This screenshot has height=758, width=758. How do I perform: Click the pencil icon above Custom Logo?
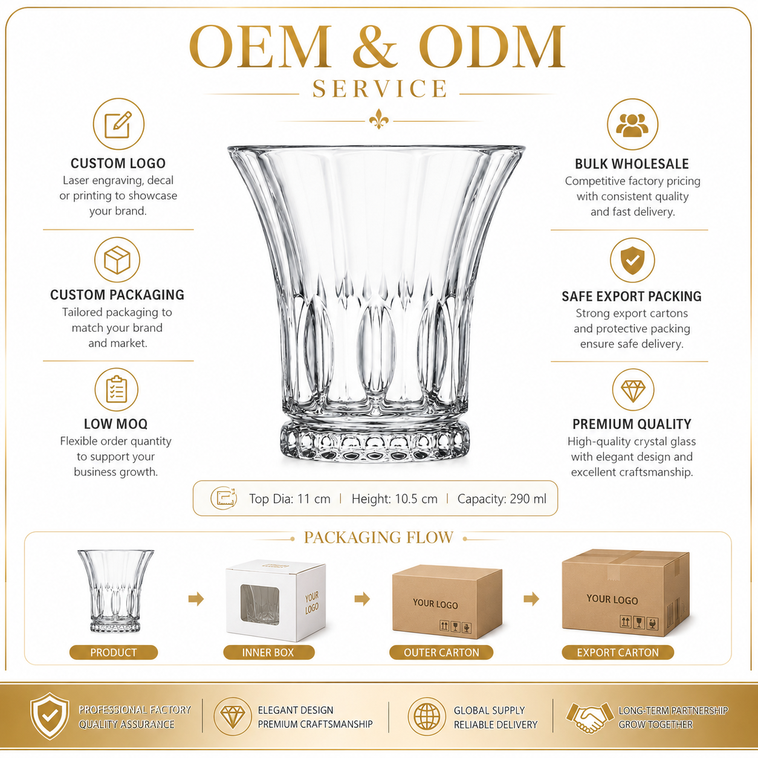click(x=118, y=124)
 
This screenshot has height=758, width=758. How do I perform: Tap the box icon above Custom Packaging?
click(x=117, y=260)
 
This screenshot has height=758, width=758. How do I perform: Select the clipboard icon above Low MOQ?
click(x=117, y=389)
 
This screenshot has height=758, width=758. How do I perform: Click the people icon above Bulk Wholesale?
click(x=632, y=125)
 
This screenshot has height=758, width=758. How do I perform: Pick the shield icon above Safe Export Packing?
click(x=632, y=260)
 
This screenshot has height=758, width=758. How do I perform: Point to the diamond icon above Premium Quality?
click(x=633, y=390)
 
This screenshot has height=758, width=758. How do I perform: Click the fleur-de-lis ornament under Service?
click(x=379, y=119)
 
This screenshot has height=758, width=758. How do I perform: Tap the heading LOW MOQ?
click(x=115, y=424)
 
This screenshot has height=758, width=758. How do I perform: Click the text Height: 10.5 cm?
click(x=395, y=499)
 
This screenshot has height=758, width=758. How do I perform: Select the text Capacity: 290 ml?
click(x=502, y=499)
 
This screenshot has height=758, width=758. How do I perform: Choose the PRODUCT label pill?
click(x=114, y=652)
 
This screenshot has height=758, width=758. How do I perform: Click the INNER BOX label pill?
click(x=268, y=652)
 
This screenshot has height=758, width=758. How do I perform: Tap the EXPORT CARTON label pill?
click(x=618, y=652)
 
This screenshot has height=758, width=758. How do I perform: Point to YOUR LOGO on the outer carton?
click(x=435, y=604)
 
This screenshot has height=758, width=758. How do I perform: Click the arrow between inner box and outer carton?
click(x=362, y=599)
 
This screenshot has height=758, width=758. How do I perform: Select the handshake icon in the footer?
click(x=589, y=718)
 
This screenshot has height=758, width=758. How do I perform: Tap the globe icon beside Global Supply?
click(x=427, y=716)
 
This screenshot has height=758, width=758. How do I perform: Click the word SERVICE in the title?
click(x=380, y=88)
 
